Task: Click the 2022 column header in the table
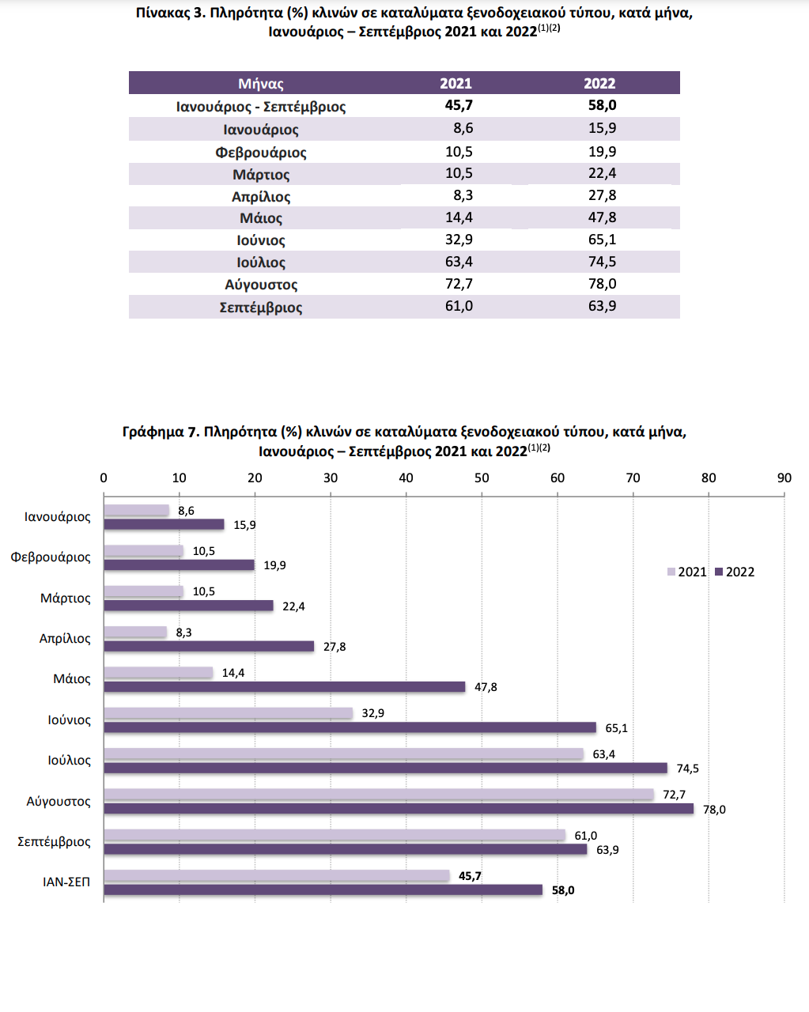(599, 83)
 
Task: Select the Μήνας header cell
(261, 84)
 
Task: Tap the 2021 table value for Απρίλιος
(463, 195)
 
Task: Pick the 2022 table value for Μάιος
(602, 217)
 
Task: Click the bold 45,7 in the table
(459, 105)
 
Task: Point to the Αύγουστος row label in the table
(261, 285)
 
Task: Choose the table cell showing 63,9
(602, 306)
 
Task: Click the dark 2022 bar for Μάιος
(285, 687)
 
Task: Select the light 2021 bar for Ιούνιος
(228, 713)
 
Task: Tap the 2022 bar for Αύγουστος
(399, 808)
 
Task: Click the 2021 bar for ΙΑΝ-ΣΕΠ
(277, 875)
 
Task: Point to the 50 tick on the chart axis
(482, 478)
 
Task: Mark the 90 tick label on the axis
(784, 478)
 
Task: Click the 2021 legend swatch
(671, 572)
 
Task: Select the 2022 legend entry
(735, 572)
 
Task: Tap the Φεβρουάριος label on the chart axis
(51, 557)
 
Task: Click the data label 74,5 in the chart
(688, 768)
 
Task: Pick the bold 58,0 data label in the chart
(563, 890)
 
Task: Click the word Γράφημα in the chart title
(153, 432)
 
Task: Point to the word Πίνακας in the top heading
(163, 13)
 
